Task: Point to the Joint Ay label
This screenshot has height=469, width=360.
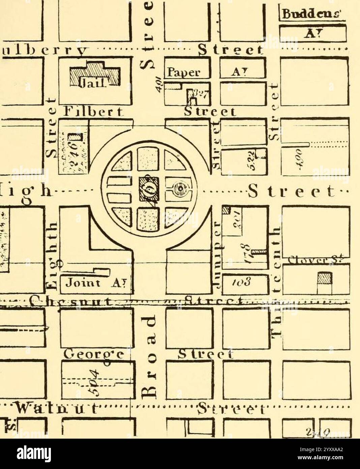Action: [x=94, y=283]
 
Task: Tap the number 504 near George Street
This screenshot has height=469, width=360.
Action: [x=96, y=381]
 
